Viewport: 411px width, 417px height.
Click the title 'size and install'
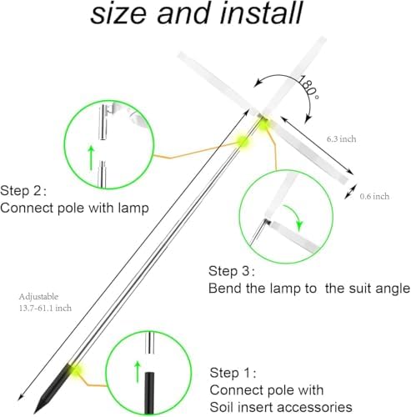click(196, 13)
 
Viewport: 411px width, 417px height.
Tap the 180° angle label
click(308, 87)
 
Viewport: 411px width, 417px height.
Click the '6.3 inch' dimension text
click(341, 138)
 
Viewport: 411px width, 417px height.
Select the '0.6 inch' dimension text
click(374, 196)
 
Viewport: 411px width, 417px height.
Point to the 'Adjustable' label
click(38, 297)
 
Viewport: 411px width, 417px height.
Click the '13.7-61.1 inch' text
click(45, 308)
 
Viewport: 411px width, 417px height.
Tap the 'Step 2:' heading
click(23, 191)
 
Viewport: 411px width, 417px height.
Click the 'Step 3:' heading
click(232, 271)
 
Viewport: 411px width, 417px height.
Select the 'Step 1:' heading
click(233, 373)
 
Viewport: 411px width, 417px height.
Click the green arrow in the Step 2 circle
click(91, 158)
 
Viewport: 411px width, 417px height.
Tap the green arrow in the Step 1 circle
click(137, 372)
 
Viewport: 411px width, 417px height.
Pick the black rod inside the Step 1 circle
click(149, 393)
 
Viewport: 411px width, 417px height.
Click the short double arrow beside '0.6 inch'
click(350, 192)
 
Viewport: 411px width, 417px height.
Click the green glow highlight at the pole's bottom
click(74, 369)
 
